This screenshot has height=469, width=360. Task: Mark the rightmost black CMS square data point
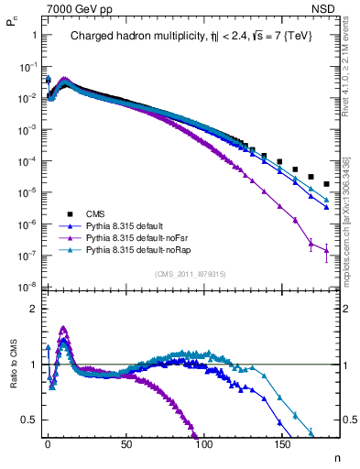[327, 184]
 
